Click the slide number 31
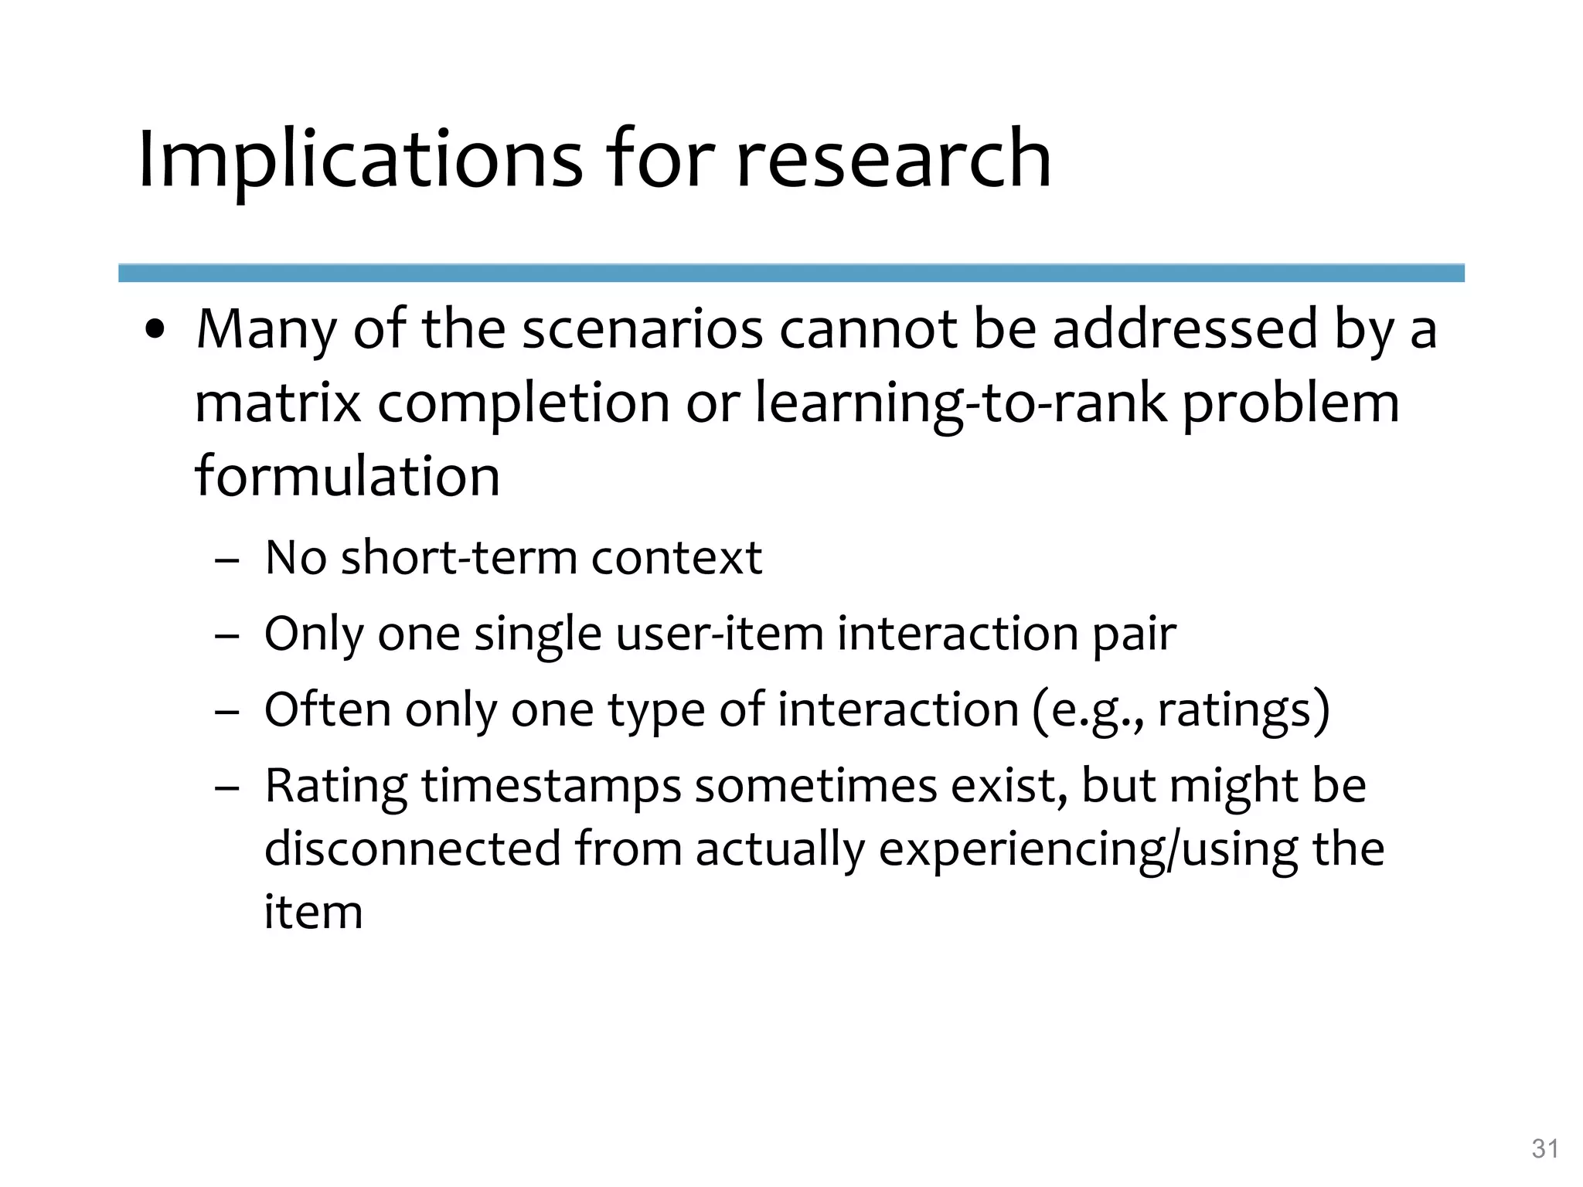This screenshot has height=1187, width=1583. pos(1544,1149)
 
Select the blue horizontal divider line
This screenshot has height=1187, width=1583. pos(791,273)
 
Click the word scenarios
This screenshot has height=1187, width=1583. pos(642,329)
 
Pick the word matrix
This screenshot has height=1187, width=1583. pos(277,403)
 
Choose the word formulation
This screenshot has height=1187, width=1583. pos(347,476)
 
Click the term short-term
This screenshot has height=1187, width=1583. pos(459,557)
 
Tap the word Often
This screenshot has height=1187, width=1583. pos(328,709)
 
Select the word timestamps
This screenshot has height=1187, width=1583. pos(551,786)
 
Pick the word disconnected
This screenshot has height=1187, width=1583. pos(413,849)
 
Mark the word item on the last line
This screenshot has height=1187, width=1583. pos(313,912)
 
